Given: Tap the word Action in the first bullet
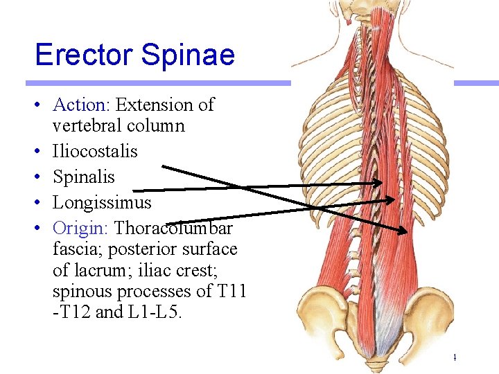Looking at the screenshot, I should pos(78,105).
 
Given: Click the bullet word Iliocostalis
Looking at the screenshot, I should pos(95,152).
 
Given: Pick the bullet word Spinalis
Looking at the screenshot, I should pos(84,177).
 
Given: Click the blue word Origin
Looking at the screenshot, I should pos(81,228).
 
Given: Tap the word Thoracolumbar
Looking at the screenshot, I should pos(174,228).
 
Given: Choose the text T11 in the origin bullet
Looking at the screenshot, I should pos(232,290).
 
